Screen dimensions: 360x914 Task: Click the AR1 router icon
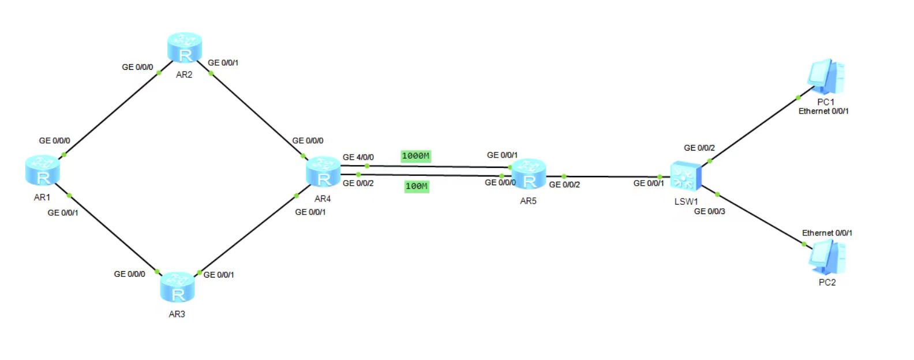click(43, 170)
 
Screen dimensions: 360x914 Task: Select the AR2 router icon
click(185, 48)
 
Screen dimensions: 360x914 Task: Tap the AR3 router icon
click(177, 287)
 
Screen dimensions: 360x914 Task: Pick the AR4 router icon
click(323, 171)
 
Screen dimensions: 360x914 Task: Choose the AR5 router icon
click(529, 174)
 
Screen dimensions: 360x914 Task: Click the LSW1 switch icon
click(685, 176)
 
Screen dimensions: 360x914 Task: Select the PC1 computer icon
click(826, 77)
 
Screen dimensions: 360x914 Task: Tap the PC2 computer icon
click(827, 257)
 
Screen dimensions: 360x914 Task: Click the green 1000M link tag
click(415, 156)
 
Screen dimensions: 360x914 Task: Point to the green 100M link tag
click(417, 186)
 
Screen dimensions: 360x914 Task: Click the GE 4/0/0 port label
click(358, 157)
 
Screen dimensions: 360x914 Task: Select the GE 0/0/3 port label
click(709, 212)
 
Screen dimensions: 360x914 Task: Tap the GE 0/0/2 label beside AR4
click(358, 183)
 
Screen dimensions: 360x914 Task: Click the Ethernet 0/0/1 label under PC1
click(823, 111)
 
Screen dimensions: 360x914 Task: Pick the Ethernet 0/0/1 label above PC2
click(827, 233)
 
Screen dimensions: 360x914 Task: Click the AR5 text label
click(528, 201)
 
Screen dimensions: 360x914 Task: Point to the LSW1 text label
click(686, 202)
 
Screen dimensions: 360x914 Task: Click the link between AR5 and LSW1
click(612, 177)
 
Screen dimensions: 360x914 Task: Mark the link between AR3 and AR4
click(248, 234)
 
